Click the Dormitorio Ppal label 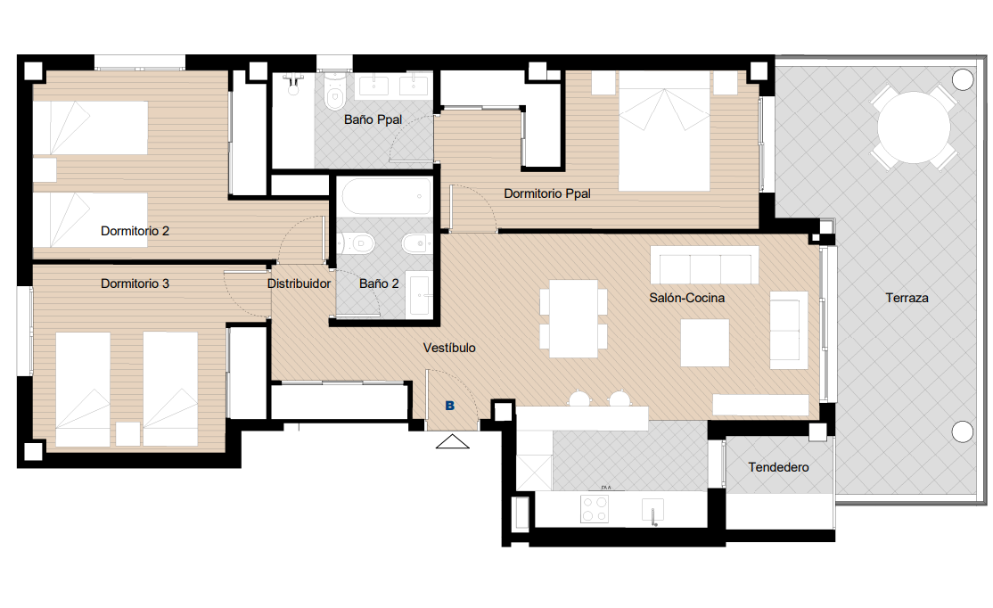point(547,193)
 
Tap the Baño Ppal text point(373,119)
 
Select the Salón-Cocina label point(687,298)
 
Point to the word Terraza point(907,298)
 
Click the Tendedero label point(778,467)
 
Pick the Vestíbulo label point(449,348)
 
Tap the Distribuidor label point(299,283)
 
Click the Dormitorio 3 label point(135,283)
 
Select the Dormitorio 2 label point(135,231)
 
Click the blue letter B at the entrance point(449,406)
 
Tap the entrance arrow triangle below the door point(453,441)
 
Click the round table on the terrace point(913,127)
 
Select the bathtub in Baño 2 point(384,196)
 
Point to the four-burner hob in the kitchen point(595,508)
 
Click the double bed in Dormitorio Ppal point(664,130)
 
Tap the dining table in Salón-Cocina point(574,318)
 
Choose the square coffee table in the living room point(705,342)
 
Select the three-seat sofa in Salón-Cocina point(704,265)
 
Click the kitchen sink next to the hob point(652,511)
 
